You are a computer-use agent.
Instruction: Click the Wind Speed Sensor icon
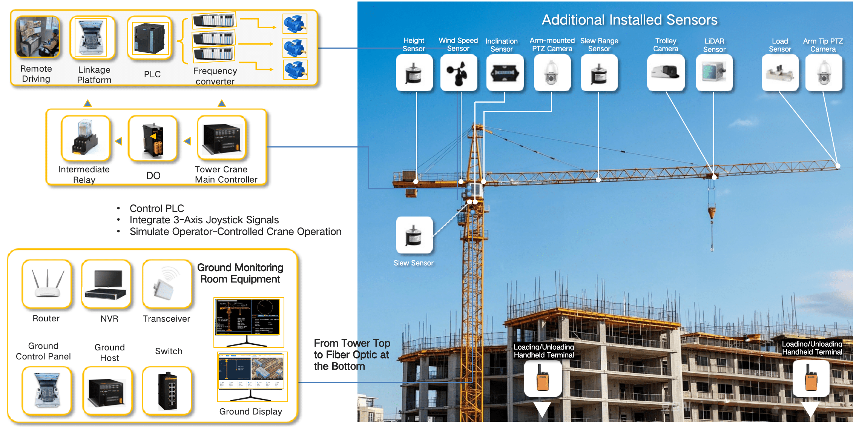pos(459,73)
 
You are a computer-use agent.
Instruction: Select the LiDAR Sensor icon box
pos(714,73)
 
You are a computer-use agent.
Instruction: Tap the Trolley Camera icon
pos(666,73)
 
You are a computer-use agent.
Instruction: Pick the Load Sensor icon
pos(780,73)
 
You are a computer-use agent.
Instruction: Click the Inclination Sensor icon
pos(505,73)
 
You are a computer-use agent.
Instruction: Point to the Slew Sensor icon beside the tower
pos(414,235)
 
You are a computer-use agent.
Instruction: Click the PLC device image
pos(150,38)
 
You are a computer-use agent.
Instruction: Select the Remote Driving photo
pos(37,37)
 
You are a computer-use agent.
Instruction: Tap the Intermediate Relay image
pos(86,138)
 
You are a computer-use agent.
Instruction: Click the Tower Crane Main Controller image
pos(222,139)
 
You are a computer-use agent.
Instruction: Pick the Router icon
pos(47,284)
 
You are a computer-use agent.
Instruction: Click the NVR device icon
pos(106,284)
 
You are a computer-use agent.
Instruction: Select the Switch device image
pos(167,391)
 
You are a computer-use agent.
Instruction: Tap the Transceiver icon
pos(167,284)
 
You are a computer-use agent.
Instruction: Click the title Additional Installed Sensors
pos(629,20)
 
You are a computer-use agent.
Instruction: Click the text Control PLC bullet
pos(156,209)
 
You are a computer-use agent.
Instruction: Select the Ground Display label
pos(250,412)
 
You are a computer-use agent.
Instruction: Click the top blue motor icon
pos(295,24)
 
